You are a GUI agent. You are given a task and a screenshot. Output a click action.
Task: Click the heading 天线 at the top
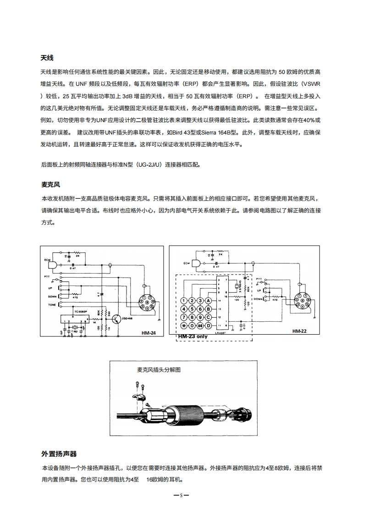click(x=47, y=58)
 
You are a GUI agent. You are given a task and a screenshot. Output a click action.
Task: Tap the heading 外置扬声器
click(x=59, y=454)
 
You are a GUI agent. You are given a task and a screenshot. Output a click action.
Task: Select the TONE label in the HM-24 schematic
click(x=52, y=305)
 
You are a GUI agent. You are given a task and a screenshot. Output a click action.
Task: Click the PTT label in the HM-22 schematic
click(x=259, y=279)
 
